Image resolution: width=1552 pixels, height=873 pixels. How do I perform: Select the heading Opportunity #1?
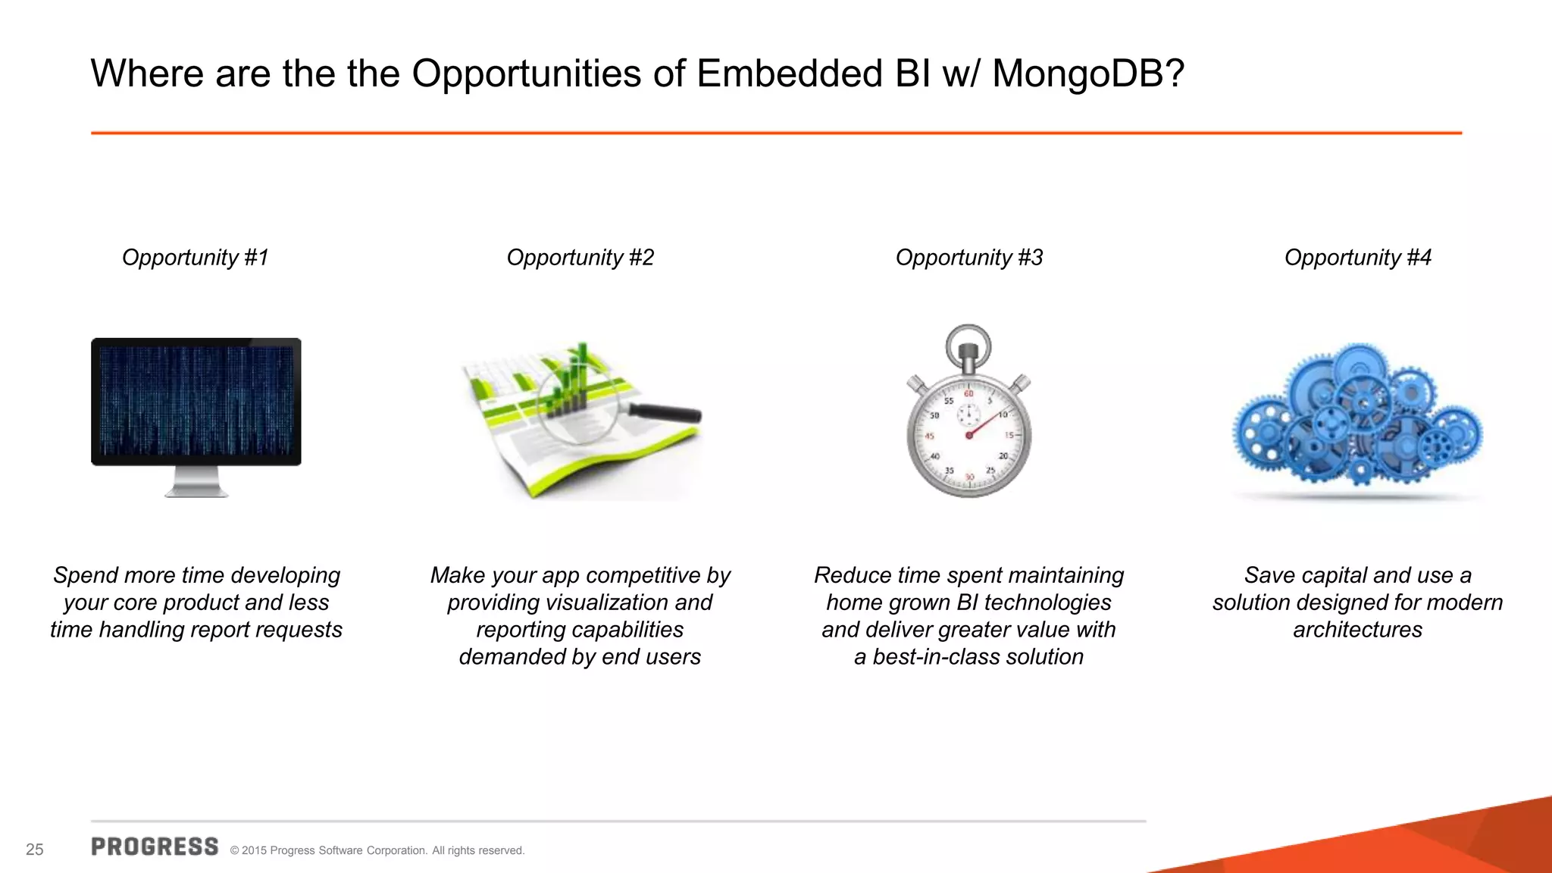pos(196,258)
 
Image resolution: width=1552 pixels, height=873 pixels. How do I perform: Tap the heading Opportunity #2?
pos(580,258)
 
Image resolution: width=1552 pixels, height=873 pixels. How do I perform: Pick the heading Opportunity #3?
pos(968,258)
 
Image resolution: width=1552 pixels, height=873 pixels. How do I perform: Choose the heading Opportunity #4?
pos(1357,258)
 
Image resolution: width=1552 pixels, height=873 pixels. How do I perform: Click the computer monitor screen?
pos(196,401)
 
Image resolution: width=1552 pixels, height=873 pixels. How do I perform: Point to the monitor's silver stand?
pos(196,483)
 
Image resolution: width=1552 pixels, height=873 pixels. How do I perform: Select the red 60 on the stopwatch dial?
pos(968,394)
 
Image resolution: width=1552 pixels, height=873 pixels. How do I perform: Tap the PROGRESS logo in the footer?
pos(155,847)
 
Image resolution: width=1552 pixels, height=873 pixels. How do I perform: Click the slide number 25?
pos(35,850)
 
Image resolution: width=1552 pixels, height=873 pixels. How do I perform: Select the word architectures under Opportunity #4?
pos(1357,630)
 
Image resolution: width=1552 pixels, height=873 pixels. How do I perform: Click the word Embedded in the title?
pos(788,74)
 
